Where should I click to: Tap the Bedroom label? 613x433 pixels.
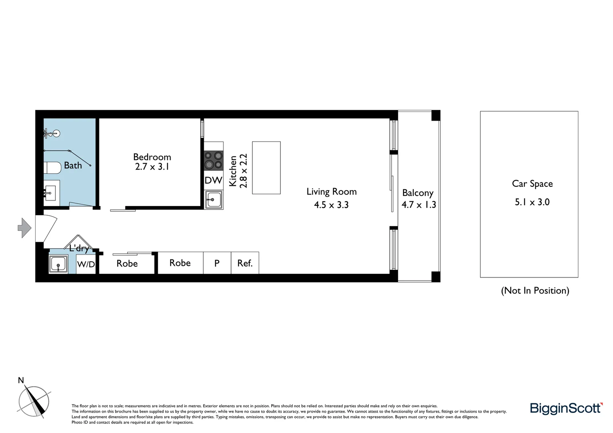pyautogui.click(x=152, y=157)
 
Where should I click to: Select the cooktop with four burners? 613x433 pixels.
pyautogui.click(x=213, y=160)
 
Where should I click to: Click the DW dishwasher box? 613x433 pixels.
pyautogui.click(x=213, y=180)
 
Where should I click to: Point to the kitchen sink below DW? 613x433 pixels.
pyautogui.click(x=213, y=200)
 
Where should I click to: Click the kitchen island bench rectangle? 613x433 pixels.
pyautogui.click(x=266, y=168)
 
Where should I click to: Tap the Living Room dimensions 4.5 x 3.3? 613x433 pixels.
pyautogui.click(x=331, y=205)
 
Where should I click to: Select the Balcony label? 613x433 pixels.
pyautogui.click(x=418, y=193)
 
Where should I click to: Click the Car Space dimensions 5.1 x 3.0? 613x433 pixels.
pyautogui.click(x=532, y=202)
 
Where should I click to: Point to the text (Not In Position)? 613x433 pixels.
pyautogui.click(x=535, y=290)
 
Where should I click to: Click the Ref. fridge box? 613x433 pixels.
pyautogui.click(x=245, y=263)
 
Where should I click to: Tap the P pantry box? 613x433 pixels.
pyautogui.click(x=217, y=263)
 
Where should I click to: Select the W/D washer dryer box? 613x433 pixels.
pyautogui.click(x=86, y=264)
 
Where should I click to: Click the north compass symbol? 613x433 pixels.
pyautogui.click(x=34, y=401)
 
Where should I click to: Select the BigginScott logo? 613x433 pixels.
pyautogui.click(x=566, y=408)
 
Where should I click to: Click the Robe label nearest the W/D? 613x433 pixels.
pyautogui.click(x=127, y=263)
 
